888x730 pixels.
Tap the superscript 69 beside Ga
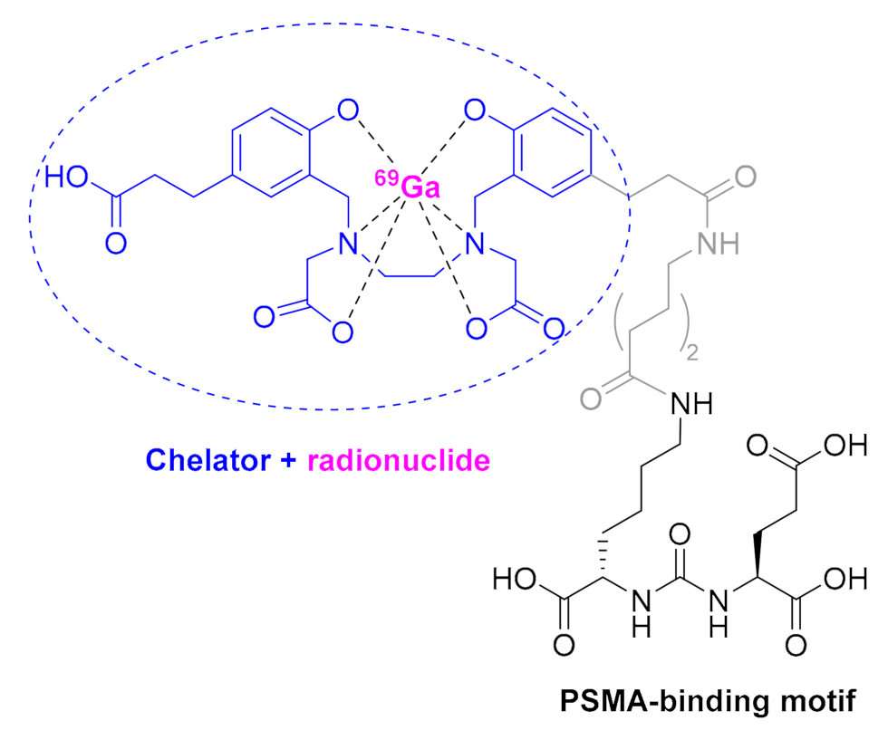pos(385,178)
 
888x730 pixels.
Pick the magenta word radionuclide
pos(399,462)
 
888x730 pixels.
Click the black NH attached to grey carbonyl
pos(691,400)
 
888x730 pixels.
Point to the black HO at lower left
pos(514,578)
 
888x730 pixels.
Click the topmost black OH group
pos(834,446)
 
